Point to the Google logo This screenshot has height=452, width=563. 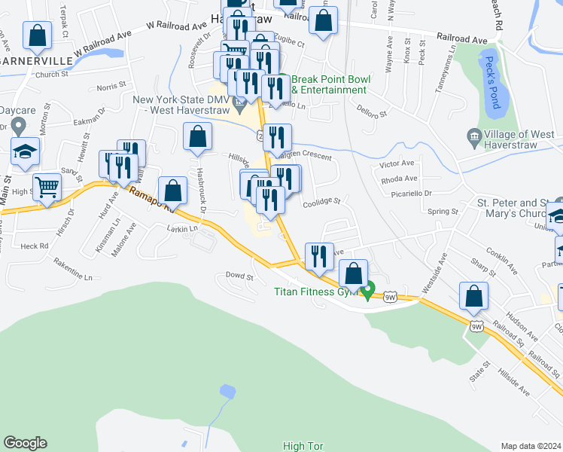click(x=25, y=443)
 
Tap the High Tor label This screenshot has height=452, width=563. click(x=303, y=446)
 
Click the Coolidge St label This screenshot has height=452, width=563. click(x=322, y=202)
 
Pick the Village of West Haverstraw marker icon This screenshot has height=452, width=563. click(x=474, y=136)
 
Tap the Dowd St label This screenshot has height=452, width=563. click(x=239, y=276)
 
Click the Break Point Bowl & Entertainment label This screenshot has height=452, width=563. click(x=329, y=85)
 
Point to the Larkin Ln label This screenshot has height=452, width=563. click(x=182, y=228)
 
